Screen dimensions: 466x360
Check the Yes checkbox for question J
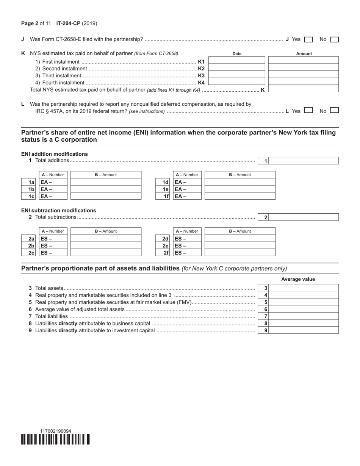pyautogui.click(x=308, y=39)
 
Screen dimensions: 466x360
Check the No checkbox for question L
pyautogui.click(x=334, y=111)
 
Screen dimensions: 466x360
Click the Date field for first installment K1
pyautogui.click(x=237, y=61)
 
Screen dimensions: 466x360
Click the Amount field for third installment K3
pyautogui.click(x=303, y=75)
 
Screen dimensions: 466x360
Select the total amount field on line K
pyautogui.click(x=303, y=89)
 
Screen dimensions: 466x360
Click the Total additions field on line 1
pyautogui.click(x=304, y=161)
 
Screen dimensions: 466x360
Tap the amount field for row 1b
pyautogui.click(x=106, y=189)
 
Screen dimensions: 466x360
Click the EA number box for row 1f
pyautogui.click(x=188, y=196)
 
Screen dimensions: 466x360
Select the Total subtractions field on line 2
pyautogui.click(x=304, y=217)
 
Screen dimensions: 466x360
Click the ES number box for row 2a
pyautogui.click(x=53, y=239)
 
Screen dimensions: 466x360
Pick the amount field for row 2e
pyautogui.click(x=240, y=246)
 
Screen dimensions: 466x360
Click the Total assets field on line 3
pyautogui.click(x=304, y=288)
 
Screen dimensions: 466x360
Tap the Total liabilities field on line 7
pyautogui.click(x=304, y=316)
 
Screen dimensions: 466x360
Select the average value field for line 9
pyautogui.click(x=304, y=330)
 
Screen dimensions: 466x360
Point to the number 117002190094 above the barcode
pyautogui.click(x=55, y=431)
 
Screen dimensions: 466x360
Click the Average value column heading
pyautogui.click(x=298, y=279)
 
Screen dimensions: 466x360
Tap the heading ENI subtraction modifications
pyautogui.click(x=59, y=210)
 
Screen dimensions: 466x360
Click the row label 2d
pyautogui.click(x=165, y=239)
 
